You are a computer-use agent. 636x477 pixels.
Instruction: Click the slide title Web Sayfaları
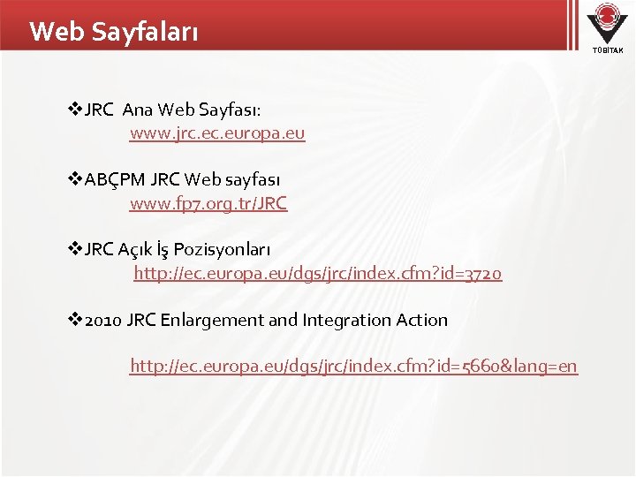tap(114, 32)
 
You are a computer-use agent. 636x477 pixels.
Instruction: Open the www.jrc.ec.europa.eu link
tap(217, 133)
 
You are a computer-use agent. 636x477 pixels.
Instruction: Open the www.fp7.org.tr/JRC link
tap(208, 203)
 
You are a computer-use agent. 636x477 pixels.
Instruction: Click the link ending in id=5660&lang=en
tap(353, 365)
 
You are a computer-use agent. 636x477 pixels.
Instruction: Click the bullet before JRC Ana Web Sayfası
tap(75, 110)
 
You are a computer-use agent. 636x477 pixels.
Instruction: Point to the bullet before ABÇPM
tap(75, 179)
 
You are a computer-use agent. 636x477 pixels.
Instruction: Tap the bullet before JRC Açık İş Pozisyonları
tap(75, 249)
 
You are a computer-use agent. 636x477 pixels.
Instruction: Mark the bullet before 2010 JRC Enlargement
tap(75, 320)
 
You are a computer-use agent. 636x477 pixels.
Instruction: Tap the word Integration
tap(344, 320)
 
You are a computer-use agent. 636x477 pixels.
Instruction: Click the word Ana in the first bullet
tap(137, 110)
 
